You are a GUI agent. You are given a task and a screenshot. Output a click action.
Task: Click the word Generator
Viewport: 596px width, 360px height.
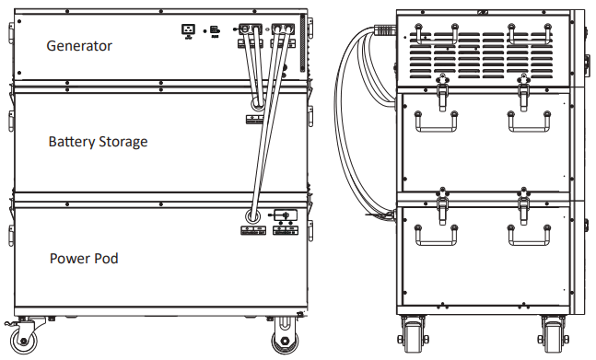point(79,45)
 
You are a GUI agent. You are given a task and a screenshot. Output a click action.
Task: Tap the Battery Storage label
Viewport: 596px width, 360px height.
point(98,142)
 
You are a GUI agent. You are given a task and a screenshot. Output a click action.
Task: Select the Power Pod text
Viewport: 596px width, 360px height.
point(84,259)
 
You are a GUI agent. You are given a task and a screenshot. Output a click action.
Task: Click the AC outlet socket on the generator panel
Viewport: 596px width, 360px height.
point(188,29)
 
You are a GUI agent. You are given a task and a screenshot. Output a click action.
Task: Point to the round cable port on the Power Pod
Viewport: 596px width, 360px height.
point(251,215)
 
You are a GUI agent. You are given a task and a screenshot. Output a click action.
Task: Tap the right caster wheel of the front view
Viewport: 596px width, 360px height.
point(282,339)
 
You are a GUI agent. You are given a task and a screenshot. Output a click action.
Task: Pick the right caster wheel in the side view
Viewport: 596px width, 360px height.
point(553,336)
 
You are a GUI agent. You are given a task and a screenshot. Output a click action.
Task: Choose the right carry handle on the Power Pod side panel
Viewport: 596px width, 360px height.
point(528,234)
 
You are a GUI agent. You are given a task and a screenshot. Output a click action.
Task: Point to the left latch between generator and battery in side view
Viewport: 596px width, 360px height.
point(441,87)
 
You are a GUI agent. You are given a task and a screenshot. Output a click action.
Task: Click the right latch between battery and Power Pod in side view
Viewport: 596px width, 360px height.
point(523,200)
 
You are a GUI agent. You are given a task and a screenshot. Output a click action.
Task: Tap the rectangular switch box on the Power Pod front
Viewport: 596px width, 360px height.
point(284,215)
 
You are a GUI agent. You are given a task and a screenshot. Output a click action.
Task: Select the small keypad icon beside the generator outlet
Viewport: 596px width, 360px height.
point(214,29)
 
